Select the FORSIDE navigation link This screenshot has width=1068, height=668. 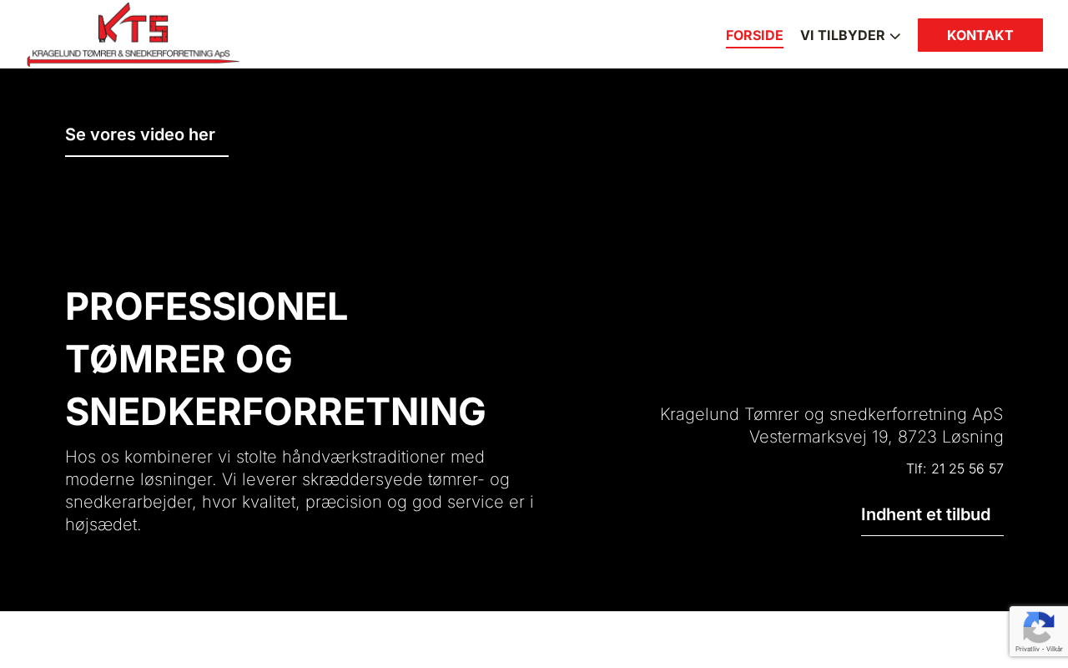(754, 35)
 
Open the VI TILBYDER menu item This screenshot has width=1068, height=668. (843, 35)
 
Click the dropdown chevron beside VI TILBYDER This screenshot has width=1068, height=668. (895, 36)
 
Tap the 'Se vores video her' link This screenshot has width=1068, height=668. (140, 134)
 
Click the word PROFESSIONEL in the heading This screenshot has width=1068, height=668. (206, 306)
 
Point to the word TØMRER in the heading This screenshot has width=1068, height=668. (145, 359)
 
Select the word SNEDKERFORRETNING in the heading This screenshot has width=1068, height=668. (275, 412)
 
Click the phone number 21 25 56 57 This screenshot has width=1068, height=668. (967, 468)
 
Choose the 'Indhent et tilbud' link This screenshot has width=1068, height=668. (925, 514)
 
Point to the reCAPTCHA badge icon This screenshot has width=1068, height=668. (1039, 628)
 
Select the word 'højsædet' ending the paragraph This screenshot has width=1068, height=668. (103, 524)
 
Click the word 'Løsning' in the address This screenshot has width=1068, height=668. (973, 437)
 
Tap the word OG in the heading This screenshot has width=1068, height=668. (264, 359)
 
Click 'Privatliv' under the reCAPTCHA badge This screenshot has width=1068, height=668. (1027, 649)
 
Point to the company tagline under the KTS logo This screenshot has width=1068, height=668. (131, 53)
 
